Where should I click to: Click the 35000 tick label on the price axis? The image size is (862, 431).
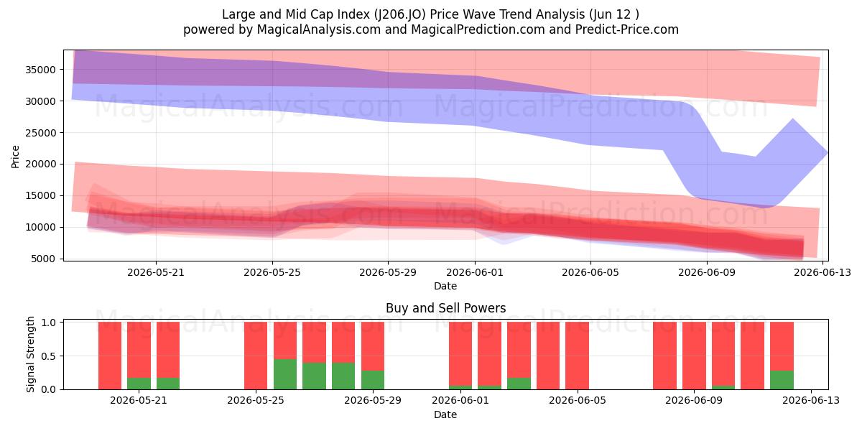(x=40, y=70)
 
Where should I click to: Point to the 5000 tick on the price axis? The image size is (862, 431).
(x=43, y=259)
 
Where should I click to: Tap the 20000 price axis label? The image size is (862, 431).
(x=40, y=164)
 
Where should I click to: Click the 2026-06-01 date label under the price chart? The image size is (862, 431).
(x=475, y=272)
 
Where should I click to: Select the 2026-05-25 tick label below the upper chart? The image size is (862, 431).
(x=272, y=272)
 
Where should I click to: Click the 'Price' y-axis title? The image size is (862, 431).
(x=15, y=157)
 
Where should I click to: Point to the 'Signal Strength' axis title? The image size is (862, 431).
(x=30, y=354)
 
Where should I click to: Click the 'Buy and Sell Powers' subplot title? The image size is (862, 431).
(x=445, y=308)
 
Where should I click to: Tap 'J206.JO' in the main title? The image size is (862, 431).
(x=400, y=14)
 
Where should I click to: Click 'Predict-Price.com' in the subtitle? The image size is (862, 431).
(x=627, y=29)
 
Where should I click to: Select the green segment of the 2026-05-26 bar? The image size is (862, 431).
(x=285, y=374)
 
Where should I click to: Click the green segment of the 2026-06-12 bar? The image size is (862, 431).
(x=782, y=380)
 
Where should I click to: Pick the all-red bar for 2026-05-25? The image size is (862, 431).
(x=256, y=356)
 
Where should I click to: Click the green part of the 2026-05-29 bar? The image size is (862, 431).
(x=373, y=380)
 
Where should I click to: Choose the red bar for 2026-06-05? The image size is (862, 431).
(x=577, y=356)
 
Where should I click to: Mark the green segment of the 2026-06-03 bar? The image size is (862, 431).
(x=519, y=384)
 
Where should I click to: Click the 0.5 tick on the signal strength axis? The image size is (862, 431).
(x=49, y=356)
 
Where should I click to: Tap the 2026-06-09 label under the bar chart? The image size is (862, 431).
(x=694, y=401)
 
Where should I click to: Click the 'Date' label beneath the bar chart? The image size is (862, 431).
(x=445, y=414)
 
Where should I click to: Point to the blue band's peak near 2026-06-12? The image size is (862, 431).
(x=793, y=119)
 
